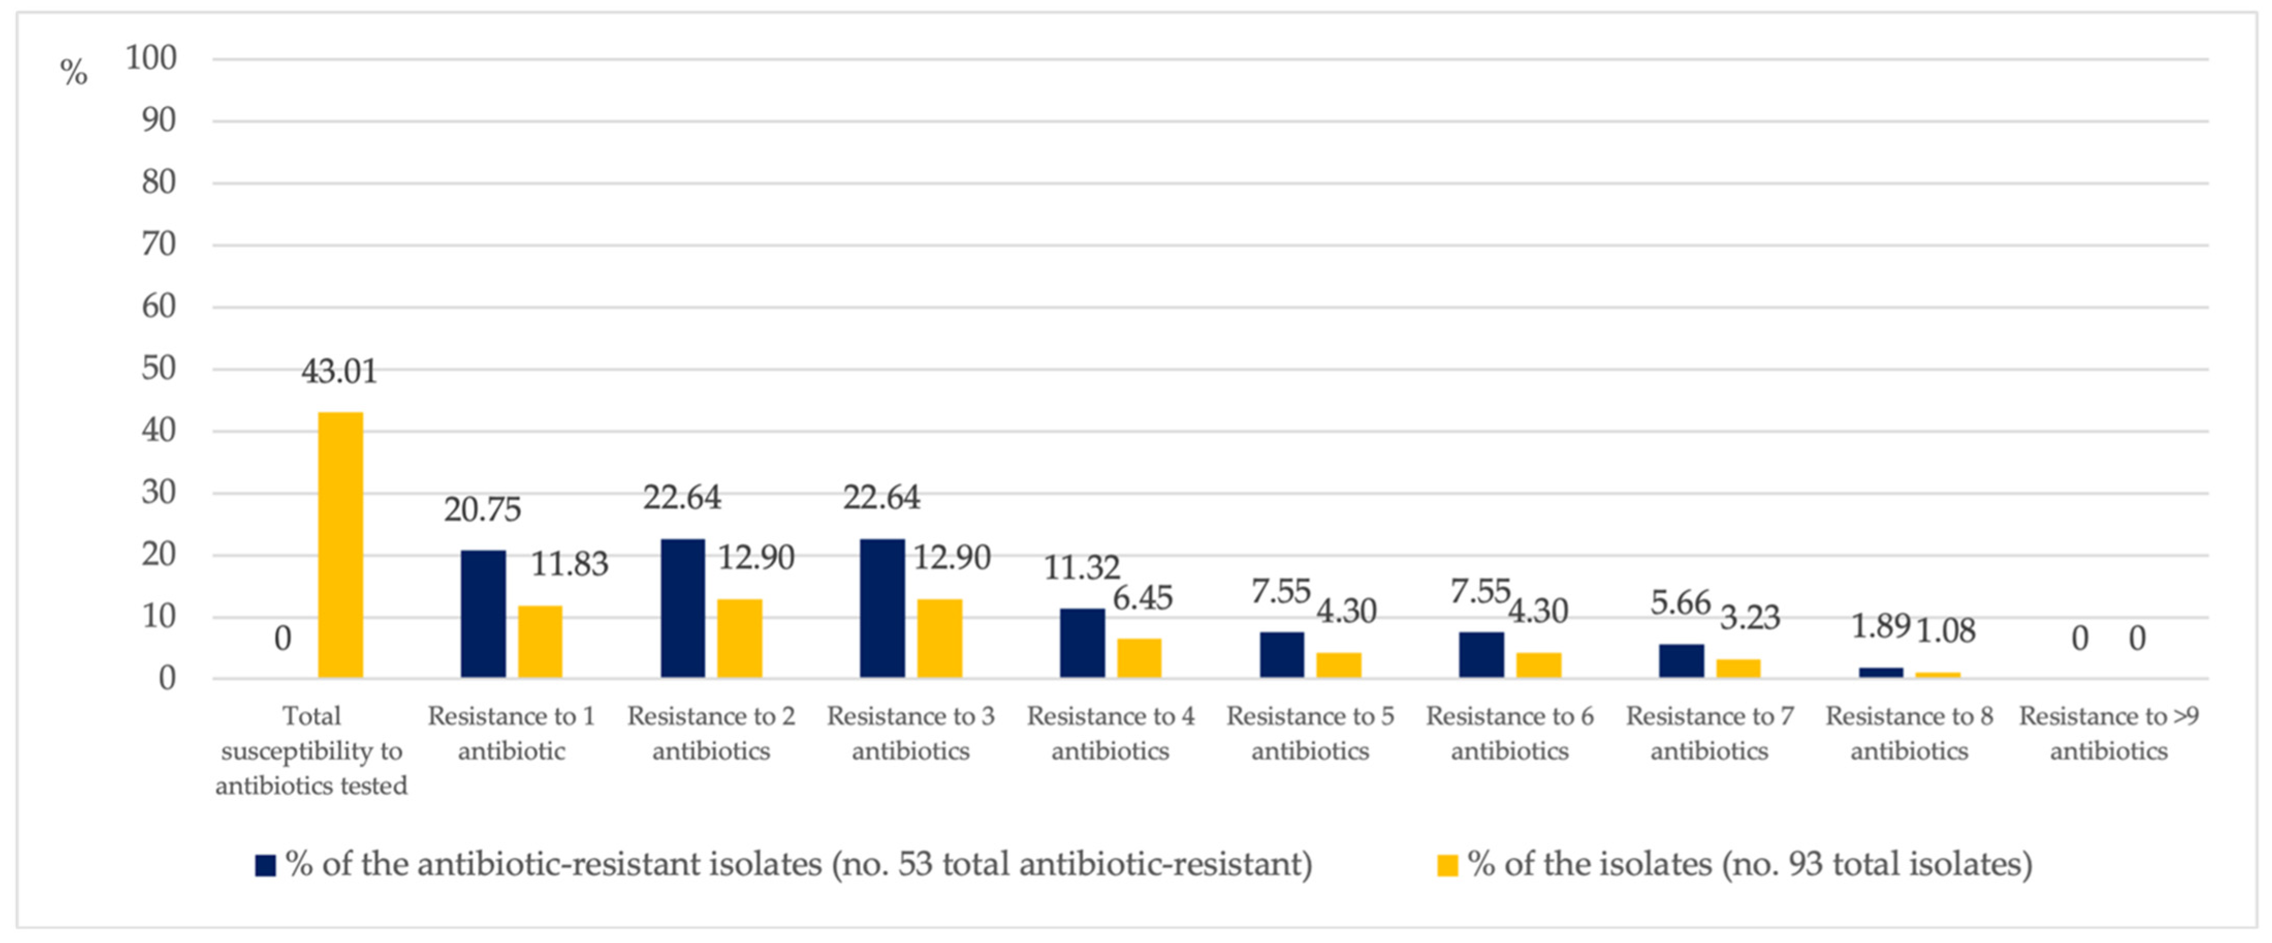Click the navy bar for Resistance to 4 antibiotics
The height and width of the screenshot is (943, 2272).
pyautogui.click(x=1082, y=642)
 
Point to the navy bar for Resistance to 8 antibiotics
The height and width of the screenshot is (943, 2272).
pyautogui.click(x=1880, y=672)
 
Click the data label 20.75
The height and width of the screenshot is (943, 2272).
pyautogui.click(x=483, y=510)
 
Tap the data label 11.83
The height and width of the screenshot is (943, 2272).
pyautogui.click(x=569, y=564)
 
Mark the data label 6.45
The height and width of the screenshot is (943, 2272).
pyautogui.click(x=1142, y=598)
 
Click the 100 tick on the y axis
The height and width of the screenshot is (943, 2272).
pyautogui.click(x=151, y=58)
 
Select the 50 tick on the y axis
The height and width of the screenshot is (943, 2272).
pyautogui.click(x=159, y=369)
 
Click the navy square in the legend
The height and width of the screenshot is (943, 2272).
pyautogui.click(x=265, y=865)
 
